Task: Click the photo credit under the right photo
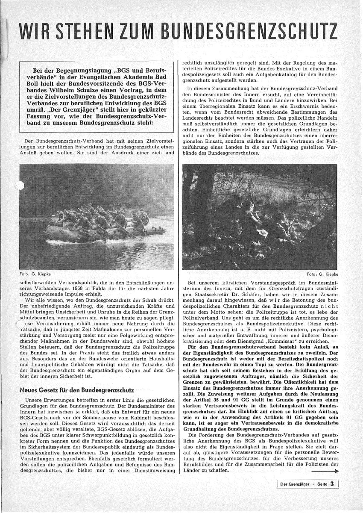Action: [x=322, y=274]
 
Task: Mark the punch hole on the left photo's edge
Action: [x=20, y=185]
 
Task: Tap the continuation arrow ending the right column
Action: [x=325, y=471]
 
